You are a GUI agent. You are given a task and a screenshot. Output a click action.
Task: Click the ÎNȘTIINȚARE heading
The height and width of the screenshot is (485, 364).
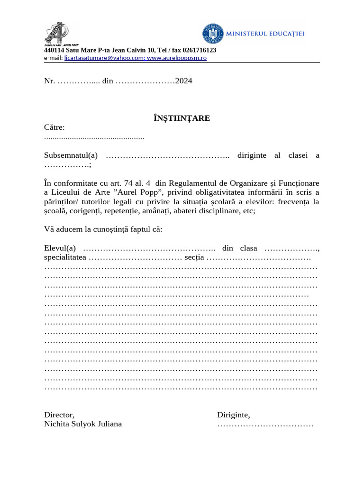click(x=182, y=118)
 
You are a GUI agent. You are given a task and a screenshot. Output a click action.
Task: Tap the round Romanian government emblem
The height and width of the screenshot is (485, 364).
click(x=215, y=34)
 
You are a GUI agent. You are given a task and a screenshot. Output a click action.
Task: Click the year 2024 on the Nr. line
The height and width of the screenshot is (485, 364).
click(x=184, y=81)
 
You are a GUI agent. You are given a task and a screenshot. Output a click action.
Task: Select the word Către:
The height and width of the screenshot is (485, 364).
click(x=55, y=127)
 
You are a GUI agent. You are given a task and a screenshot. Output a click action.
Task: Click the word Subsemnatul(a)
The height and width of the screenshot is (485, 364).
click(x=71, y=155)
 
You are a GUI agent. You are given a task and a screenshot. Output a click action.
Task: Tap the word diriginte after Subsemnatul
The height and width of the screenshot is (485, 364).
click(x=252, y=155)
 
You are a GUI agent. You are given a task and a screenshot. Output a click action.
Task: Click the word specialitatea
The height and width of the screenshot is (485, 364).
click(x=65, y=258)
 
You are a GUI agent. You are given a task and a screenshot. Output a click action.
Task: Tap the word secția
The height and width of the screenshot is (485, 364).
click(x=194, y=258)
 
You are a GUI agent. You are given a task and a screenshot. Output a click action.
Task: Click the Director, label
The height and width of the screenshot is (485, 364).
click(x=59, y=415)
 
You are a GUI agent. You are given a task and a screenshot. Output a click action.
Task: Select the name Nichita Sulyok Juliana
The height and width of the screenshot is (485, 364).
click(x=83, y=424)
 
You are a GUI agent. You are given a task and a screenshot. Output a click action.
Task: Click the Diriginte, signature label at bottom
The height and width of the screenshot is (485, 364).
click(x=234, y=415)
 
